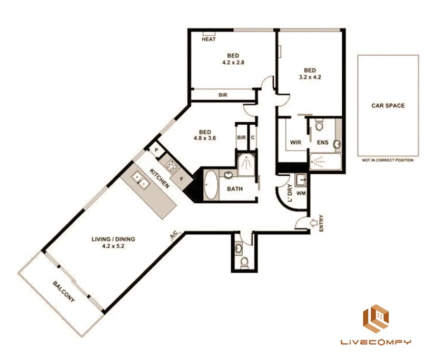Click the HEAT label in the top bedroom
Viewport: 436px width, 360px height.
[209, 39]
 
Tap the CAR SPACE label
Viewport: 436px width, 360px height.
[388, 105]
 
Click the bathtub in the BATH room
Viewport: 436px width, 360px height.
[210, 185]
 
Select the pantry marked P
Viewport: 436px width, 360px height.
[156, 151]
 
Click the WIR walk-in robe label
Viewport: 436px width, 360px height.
[295, 142]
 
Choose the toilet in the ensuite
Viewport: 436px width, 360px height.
[319, 125]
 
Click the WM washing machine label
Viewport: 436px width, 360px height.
[302, 193]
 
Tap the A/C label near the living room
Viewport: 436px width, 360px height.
[173, 236]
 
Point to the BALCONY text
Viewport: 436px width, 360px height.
[63, 292]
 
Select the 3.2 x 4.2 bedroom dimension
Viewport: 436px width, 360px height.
[310, 77]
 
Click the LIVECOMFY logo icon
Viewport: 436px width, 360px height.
[376, 318]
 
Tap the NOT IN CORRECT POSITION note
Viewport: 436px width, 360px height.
[388, 160]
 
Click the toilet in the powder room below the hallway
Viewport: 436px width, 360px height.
[244, 262]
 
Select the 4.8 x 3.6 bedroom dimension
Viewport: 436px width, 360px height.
[204, 139]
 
